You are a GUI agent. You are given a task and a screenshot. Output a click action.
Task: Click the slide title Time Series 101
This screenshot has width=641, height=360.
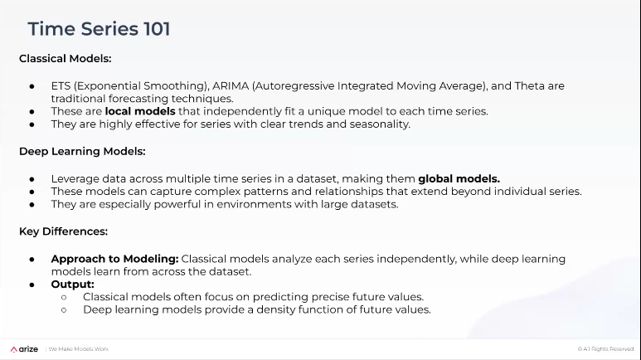99,29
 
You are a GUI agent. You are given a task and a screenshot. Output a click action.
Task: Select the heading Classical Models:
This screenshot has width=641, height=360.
65,59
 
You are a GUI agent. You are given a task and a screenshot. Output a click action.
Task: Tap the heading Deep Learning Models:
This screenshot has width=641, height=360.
82,151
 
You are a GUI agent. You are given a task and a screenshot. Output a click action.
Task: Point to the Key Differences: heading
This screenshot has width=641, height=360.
63,231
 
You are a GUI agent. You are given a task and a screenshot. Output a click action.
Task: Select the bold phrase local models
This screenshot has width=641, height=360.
140,111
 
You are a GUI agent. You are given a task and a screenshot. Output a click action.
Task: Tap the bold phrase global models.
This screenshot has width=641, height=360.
459,178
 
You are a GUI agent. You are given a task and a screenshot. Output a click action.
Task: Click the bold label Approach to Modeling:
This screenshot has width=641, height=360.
114,259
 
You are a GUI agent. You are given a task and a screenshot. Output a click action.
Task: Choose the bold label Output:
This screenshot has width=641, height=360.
72,285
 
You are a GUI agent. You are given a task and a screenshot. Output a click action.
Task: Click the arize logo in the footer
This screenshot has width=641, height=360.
25,349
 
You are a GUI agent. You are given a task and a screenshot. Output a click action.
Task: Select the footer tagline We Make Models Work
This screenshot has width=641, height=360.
78,349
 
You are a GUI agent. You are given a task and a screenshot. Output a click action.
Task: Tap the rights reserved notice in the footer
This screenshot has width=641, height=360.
605,349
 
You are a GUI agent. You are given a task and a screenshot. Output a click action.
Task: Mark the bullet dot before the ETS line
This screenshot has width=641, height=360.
32,86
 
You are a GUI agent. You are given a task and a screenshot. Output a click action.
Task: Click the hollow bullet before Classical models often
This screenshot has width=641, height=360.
64,297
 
